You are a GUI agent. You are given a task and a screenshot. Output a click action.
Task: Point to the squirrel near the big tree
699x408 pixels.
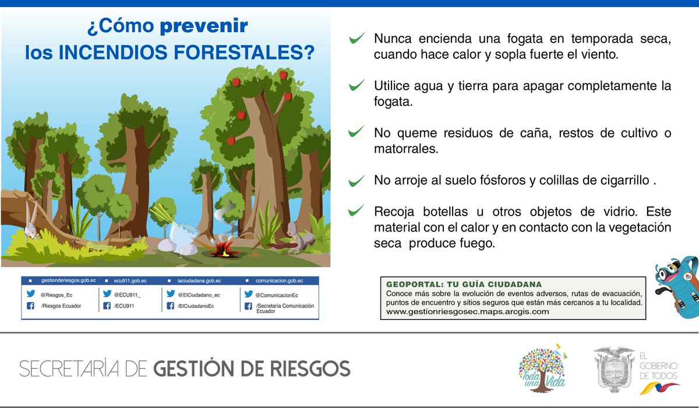click(302, 237)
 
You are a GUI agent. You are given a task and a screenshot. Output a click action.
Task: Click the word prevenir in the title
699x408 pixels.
click(204, 27)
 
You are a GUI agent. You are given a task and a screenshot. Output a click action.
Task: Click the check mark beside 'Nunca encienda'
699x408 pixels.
click(356, 39)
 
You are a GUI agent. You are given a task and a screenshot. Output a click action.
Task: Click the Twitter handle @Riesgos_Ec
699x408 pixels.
click(57, 295)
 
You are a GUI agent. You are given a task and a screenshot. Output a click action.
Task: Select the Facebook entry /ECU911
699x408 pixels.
click(124, 306)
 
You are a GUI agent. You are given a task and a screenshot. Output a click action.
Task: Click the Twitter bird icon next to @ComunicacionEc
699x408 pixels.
click(248, 295)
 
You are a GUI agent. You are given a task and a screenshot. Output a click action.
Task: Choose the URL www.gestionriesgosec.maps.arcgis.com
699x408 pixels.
click(467, 312)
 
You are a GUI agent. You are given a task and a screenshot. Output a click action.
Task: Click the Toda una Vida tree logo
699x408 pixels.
click(542, 368)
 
